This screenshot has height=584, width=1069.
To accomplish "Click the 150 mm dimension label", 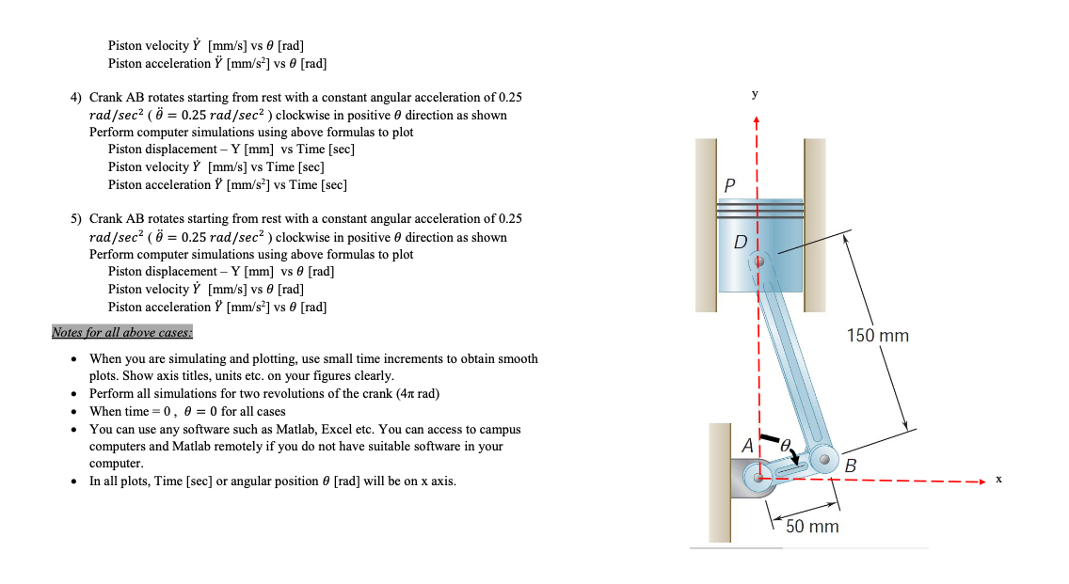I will pyautogui.click(x=877, y=336).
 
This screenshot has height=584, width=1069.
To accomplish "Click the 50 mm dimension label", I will pyautogui.click(x=811, y=527).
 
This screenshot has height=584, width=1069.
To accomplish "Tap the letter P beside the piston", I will pyautogui.click(x=729, y=184).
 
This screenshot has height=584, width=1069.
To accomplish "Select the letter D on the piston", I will pyautogui.click(x=741, y=243).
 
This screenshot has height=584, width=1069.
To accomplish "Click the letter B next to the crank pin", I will pyautogui.click(x=851, y=466).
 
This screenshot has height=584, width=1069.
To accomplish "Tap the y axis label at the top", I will pyautogui.click(x=755, y=94).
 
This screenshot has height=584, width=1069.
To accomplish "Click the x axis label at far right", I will pyautogui.click(x=999, y=480).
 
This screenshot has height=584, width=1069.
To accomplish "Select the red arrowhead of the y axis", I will pyautogui.click(x=756, y=120).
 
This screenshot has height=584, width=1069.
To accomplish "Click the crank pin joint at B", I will pyautogui.click(x=825, y=460).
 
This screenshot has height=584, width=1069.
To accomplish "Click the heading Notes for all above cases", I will pyautogui.click(x=121, y=332).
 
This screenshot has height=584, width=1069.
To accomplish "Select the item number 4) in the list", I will pyautogui.click(x=76, y=98).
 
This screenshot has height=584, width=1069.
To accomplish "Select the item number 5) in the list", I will pyautogui.click(x=76, y=219).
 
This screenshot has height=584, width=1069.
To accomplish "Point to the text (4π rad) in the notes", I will pyautogui.click(x=412, y=393).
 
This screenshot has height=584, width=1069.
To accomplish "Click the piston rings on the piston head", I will pyautogui.click(x=759, y=209).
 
